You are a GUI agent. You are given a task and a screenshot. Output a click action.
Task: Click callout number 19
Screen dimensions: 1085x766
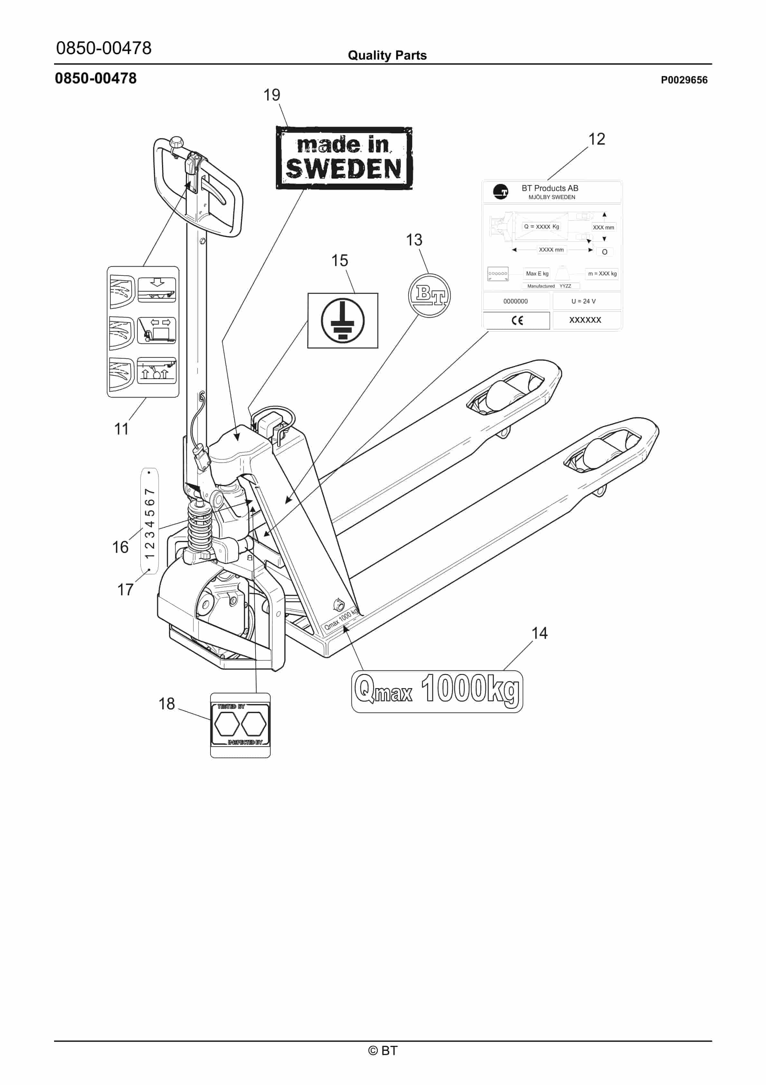[272, 95]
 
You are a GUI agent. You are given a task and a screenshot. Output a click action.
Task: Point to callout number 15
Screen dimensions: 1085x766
[339, 260]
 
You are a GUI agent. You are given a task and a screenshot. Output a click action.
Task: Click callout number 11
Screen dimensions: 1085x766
[121, 429]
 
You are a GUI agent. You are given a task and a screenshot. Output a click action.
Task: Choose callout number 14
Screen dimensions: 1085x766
[539, 633]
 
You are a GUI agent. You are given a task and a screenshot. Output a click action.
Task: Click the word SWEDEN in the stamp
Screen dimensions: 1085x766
[343, 169]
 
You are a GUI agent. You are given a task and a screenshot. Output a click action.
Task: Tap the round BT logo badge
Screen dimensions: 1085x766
[429, 295]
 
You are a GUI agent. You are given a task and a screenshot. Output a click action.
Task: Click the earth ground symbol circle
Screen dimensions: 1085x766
[342, 321]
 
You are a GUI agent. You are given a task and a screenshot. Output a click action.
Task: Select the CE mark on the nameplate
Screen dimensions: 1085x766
[517, 321]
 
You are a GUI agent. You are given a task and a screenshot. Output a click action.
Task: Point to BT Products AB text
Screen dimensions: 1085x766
[550, 188]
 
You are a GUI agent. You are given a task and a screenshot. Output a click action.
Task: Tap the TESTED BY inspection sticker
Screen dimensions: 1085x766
[240, 725]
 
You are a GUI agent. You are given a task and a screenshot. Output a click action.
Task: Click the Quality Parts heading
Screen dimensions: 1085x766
[387, 55]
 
